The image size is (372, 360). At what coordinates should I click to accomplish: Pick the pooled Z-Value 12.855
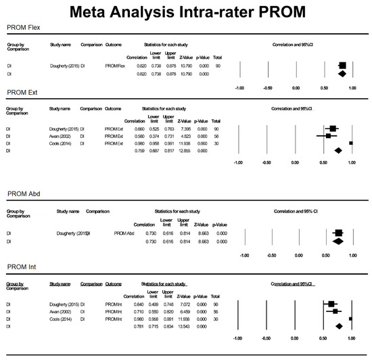[x=181, y=150]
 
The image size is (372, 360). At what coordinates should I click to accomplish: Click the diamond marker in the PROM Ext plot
[x=339, y=150]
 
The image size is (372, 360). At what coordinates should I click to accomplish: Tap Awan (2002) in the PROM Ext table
[x=62, y=135]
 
